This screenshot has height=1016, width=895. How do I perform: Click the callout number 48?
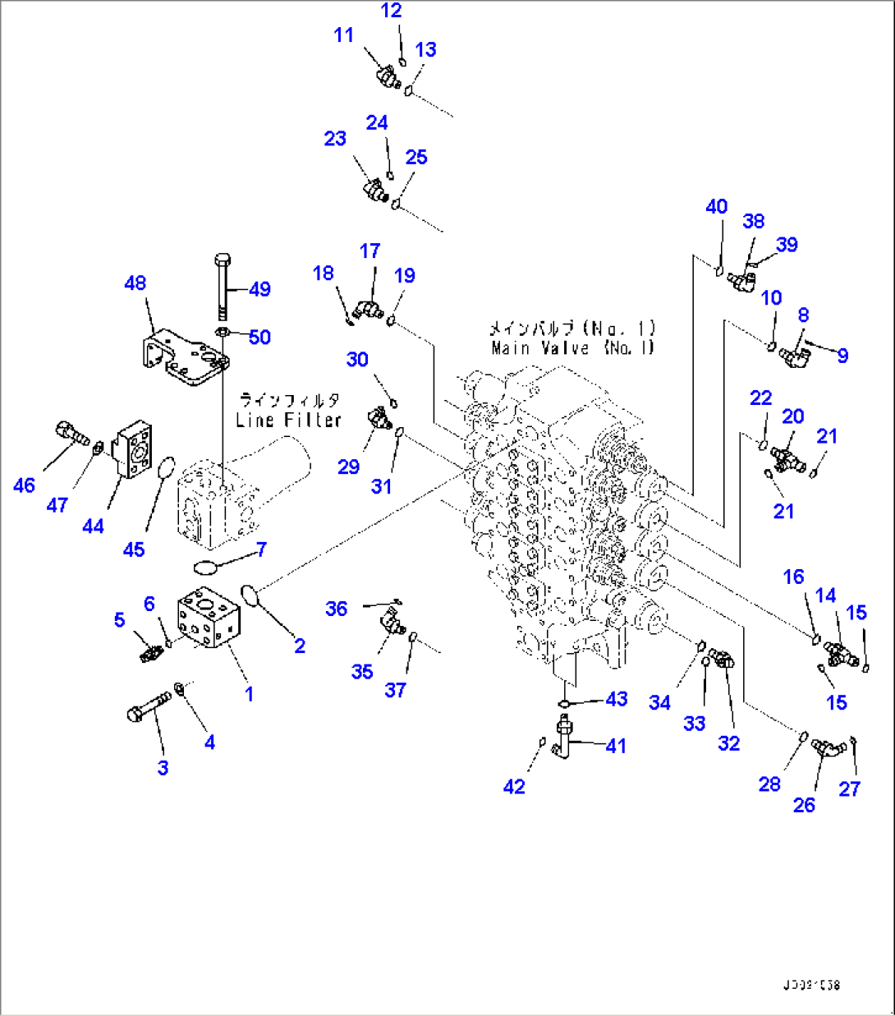(x=135, y=283)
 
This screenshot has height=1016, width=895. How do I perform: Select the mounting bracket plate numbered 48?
(x=182, y=357)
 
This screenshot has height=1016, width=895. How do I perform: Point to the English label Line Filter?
(x=288, y=420)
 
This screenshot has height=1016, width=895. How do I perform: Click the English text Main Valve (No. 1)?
(x=572, y=348)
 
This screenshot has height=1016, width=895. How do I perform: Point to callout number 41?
(x=616, y=746)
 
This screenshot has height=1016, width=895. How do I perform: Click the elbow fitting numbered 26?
(x=828, y=748)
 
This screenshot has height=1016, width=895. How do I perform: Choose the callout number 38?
(x=753, y=221)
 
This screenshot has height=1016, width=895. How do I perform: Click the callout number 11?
(x=343, y=35)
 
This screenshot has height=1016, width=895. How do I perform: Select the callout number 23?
(x=335, y=139)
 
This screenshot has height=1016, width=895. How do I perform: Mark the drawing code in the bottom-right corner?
(x=812, y=985)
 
